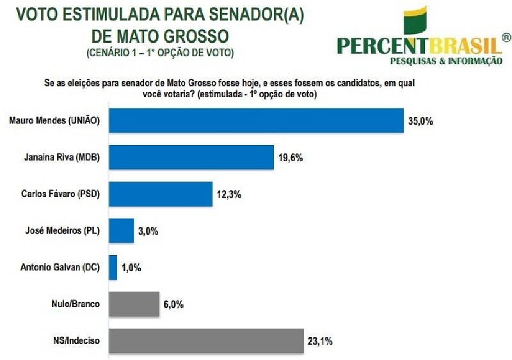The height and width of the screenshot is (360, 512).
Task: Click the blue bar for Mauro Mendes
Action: tap(256, 120)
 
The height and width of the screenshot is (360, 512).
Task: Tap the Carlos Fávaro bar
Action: tap(161, 194)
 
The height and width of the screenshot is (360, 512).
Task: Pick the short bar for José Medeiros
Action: tap(120, 230)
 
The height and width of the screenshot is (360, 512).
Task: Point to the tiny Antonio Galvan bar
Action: tap(113, 267)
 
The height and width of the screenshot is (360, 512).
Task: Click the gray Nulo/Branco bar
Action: tap(134, 304)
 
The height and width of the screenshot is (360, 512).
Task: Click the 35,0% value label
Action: tap(421, 120)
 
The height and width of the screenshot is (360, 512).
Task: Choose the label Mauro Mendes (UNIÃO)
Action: tap(56, 120)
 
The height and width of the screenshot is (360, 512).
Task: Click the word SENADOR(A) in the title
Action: tap(246, 13)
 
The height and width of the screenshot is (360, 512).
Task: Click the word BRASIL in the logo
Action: tap(465, 45)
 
